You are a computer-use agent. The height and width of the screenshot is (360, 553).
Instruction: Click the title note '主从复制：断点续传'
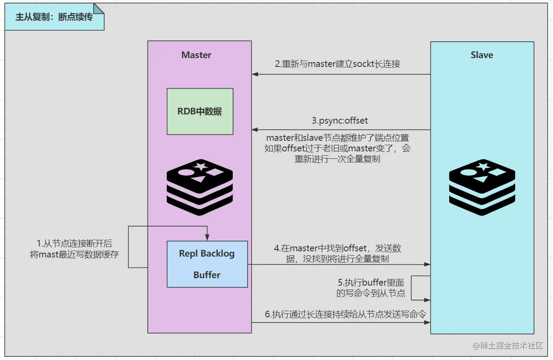pos(54,17)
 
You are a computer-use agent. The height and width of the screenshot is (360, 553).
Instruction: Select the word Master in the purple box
pos(196,55)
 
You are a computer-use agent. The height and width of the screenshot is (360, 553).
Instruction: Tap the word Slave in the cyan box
pos(482,55)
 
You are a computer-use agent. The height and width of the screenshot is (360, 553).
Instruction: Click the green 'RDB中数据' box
pos(200,111)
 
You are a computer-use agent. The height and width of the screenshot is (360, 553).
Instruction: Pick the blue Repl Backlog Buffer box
pos(207,264)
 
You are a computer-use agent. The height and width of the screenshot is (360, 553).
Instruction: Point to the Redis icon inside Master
pos(200,187)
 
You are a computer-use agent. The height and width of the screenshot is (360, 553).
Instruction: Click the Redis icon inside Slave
pos(482,187)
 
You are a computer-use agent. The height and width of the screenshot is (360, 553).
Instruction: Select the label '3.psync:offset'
pos(340,121)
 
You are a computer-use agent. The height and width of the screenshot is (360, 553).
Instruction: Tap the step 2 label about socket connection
pos(337,64)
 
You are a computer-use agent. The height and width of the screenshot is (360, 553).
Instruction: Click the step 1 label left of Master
pos(74,249)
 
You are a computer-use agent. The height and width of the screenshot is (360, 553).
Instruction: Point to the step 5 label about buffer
pos(370,288)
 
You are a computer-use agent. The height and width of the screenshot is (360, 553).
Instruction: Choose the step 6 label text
pos(346,314)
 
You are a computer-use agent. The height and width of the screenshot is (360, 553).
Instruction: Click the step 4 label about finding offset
pos(337,253)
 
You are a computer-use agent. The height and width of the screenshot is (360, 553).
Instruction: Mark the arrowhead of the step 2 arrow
pos(255,74)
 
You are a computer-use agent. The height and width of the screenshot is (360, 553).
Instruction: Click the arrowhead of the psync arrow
pos(255,130)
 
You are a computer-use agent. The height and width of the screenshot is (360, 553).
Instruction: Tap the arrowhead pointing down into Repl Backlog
pos(207,238)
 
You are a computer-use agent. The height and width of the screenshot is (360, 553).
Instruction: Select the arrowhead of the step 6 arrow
pos(427,322)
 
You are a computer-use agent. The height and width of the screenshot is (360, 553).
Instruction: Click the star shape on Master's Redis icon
pos(201,165)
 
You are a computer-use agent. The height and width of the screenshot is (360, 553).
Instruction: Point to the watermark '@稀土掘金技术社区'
pos(508,345)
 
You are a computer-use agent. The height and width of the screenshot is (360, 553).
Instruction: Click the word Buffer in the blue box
pos(207,275)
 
